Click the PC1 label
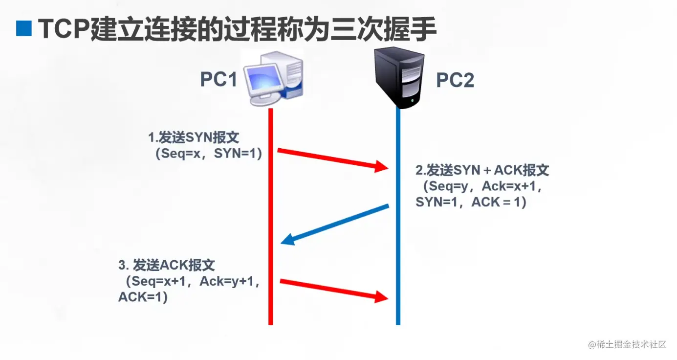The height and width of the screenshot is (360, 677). tap(218, 79)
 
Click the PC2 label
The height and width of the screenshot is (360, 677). tap(455, 80)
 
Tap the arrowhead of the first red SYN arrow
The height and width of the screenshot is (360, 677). tap(382, 167)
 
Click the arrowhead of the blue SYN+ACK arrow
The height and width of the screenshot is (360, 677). tap(287, 240)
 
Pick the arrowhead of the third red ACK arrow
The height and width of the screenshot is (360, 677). tap(382, 296)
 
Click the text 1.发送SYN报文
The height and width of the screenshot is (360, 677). tap(194, 137)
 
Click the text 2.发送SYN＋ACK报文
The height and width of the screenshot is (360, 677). tap(482, 170)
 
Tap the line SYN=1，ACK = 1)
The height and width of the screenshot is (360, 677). tap(471, 202)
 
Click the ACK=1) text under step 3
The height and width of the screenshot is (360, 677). tap(143, 297)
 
